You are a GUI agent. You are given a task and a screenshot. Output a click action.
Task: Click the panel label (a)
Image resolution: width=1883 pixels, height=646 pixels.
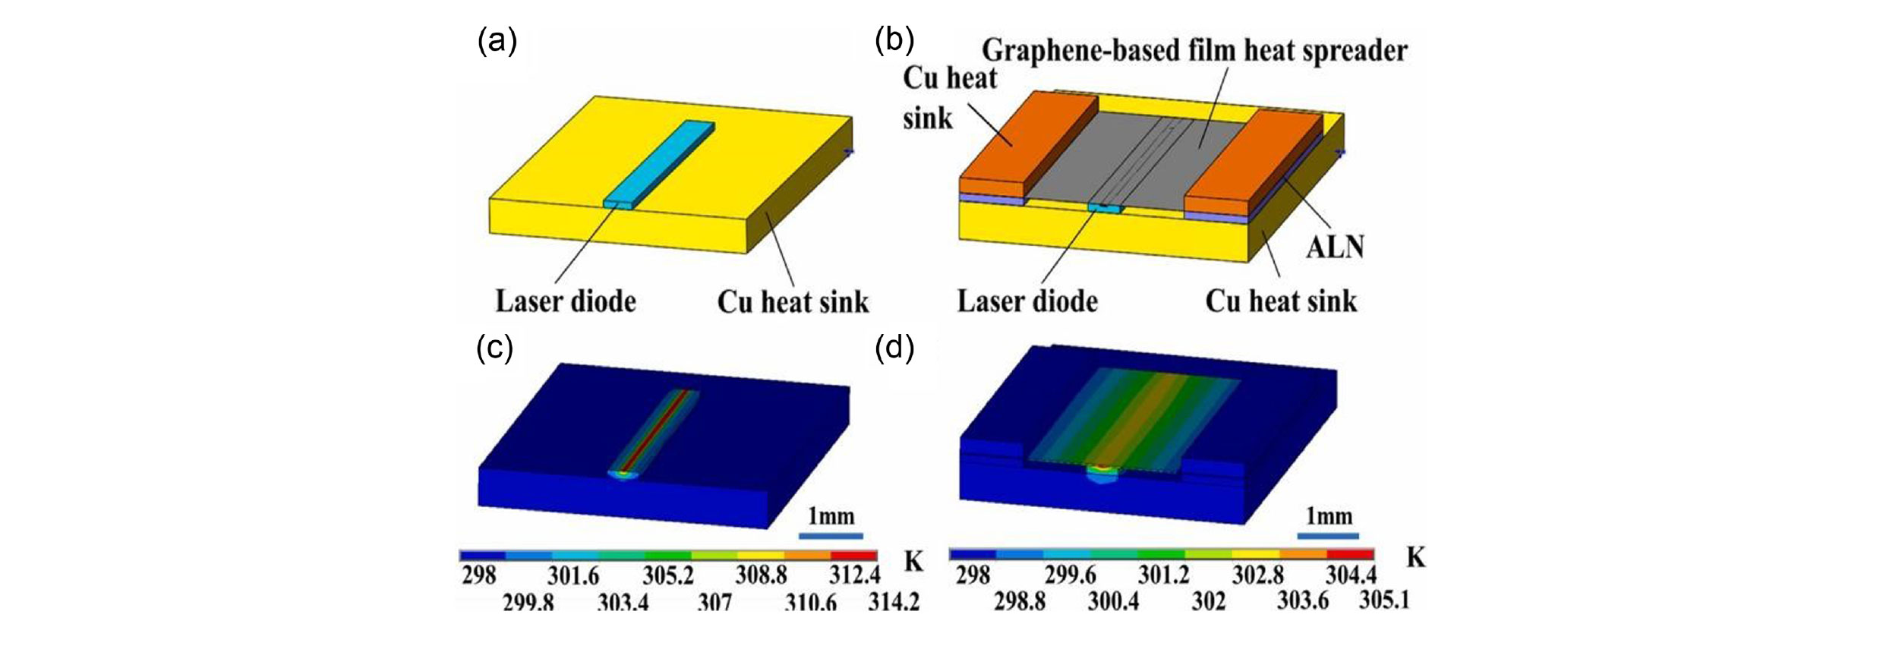click(497, 42)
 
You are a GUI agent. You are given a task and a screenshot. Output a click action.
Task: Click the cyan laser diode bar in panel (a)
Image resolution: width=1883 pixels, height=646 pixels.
click(661, 163)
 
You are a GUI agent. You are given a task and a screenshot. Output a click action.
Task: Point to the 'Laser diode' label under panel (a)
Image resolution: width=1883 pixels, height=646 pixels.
click(566, 301)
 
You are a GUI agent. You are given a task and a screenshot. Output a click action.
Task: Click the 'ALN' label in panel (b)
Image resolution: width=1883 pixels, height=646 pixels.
click(1335, 247)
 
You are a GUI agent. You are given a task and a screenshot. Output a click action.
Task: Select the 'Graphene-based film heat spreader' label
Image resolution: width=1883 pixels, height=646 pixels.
click(1194, 51)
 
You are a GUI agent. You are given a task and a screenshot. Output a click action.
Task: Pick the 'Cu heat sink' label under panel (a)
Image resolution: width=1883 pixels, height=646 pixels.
click(793, 302)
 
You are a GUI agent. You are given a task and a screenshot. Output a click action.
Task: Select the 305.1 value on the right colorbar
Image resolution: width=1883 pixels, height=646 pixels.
click(1383, 600)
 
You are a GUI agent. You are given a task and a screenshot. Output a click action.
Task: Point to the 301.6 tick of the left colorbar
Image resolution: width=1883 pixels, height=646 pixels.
click(573, 576)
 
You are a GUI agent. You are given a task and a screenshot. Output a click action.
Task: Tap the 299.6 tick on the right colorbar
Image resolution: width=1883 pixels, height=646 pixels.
click(1070, 576)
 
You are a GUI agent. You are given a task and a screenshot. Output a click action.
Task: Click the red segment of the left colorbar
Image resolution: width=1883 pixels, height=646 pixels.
click(853, 556)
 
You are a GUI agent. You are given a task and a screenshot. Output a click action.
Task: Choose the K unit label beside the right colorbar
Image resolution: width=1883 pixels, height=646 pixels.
click(1415, 559)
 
